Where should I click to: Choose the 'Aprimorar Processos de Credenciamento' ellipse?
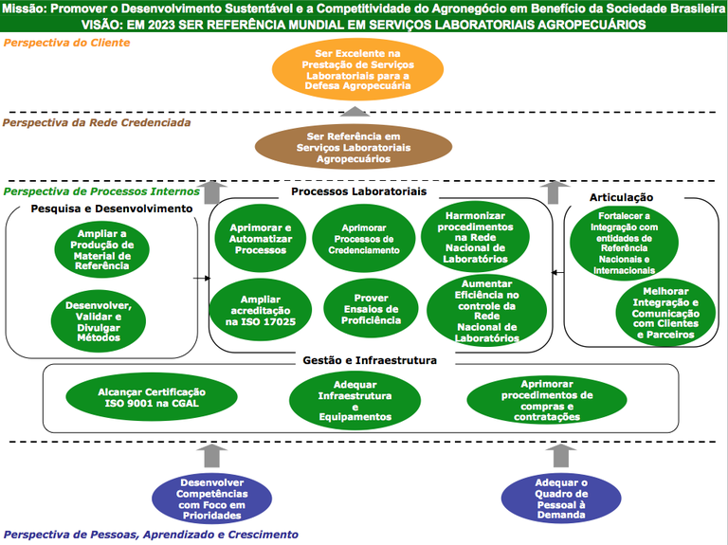click(363, 234)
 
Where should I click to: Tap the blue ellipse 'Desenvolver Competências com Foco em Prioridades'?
click(212, 499)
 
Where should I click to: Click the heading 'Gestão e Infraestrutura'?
click(362, 360)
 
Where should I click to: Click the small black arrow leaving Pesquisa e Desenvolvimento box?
click(200, 279)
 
